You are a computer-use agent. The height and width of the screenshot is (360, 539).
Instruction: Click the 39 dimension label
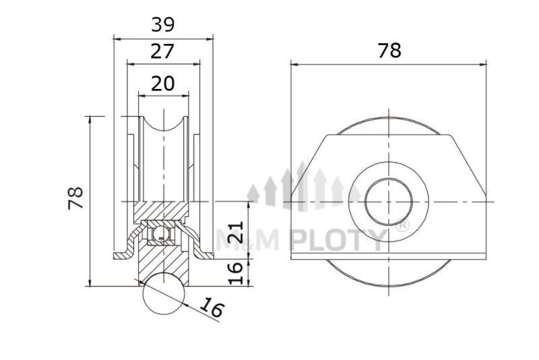click(163, 24)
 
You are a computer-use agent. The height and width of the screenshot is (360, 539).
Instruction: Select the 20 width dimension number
click(163, 84)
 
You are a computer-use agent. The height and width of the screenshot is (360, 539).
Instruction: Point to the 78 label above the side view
click(389, 51)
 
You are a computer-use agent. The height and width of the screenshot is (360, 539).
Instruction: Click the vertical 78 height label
click(75, 198)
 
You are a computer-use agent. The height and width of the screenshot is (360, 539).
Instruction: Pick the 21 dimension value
click(236, 231)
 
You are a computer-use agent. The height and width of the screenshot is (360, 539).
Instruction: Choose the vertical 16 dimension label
click(236, 272)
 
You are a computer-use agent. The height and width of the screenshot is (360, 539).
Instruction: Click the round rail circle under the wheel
click(164, 294)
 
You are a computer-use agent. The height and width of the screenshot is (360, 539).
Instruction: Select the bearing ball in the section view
click(160, 235)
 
